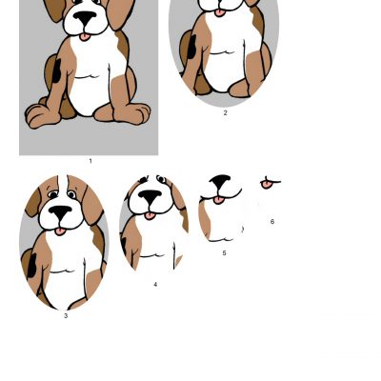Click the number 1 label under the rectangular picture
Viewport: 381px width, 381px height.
tap(90, 161)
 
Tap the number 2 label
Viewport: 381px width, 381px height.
tap(226, 112)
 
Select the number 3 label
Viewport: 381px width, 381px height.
tap(66, 316)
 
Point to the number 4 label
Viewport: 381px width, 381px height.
tap(155, 285)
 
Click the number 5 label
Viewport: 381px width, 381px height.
tap(224, 253)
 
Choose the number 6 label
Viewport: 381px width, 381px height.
tap(272, 222)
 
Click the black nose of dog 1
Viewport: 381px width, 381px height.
tap(85, 17)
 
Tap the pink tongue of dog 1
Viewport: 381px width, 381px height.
tap(85, 37)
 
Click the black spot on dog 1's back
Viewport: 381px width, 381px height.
tap(56, 71)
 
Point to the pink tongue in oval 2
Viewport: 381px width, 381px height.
tap(220, 12)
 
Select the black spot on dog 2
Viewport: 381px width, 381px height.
tap(191, 47)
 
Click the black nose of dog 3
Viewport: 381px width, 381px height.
tap(60, 211)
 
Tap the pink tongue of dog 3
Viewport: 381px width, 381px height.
tap(60, 231)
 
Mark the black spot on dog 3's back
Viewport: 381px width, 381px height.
tap(31, 266)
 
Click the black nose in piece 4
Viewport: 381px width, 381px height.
tap(150, 196)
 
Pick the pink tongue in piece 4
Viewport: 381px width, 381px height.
tap(150, 216)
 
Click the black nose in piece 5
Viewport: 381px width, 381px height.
tap(220, 181)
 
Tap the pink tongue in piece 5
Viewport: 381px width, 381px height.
tap(219, 200)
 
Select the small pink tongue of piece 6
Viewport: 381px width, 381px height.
tap(267, 184)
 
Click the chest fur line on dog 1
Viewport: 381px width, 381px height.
tap(88, 76)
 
